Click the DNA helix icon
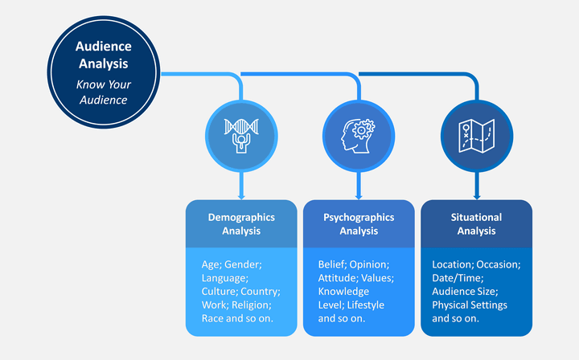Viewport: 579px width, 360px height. pyautogui.click(x=241, y=136)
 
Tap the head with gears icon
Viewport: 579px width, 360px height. pyautogui.click(x=358, y=136)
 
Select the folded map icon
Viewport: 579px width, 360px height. pyautogui.click(x=476, y=136)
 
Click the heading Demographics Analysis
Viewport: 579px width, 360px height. pyautogui.click(x=241, y=224)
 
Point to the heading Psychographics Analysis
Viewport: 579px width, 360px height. pyautogui.click(x=359, y=224)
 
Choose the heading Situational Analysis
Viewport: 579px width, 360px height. pyautogui.click(x=476, y=224)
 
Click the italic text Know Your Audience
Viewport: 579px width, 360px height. pyautogui.click(x=104, y=92)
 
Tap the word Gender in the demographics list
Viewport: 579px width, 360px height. pyautogui.click(x=243, y=264)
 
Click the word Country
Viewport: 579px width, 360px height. pyautogui.click(x=261, y=292)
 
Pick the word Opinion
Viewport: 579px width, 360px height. pyautogui.click(x=369, y=264)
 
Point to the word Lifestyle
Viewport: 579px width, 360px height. pyautogui.click(x=366, y=305)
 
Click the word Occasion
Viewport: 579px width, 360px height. pyautogui.click(x=499, y=264)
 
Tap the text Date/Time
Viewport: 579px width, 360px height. pyautogui.click(x=458, y=278)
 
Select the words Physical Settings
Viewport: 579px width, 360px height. pyautogui.click(x=470, y=305)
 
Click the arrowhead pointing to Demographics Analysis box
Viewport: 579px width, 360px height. pyautogui.click(x=241, y=197)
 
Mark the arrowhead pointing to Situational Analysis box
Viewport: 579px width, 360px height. pyautogui.click(x=477, y=197)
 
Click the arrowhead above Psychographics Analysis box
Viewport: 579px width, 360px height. pyautogui.click(x=359, y=197)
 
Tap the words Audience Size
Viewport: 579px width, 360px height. pyautogui.click(x=466, y=292)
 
